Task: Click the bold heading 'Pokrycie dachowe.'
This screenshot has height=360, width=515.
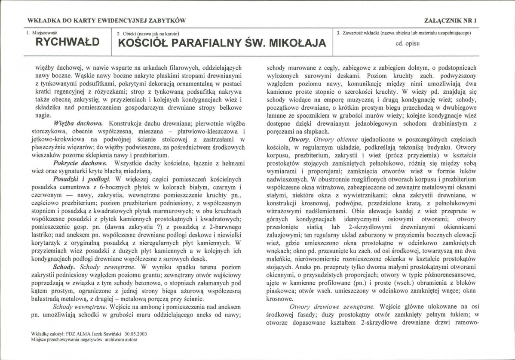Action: pos(80,163)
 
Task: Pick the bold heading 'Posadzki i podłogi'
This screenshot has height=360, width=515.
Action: pos(81,178)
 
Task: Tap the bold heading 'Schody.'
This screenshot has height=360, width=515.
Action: pos(65,266)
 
